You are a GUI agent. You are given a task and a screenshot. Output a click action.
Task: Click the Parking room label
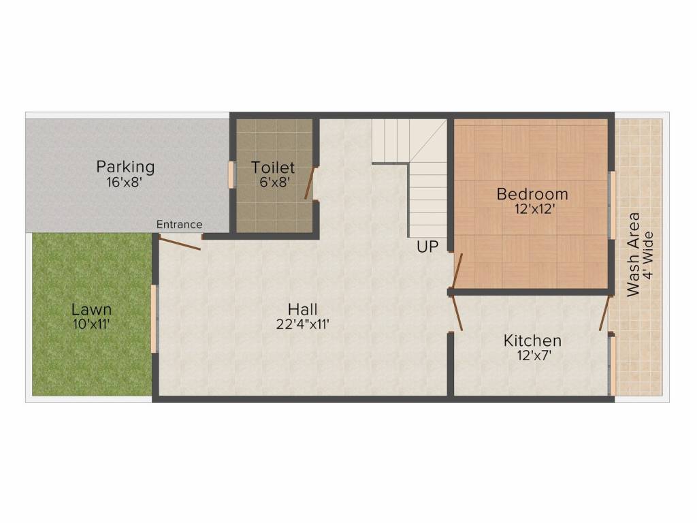click(125, 167)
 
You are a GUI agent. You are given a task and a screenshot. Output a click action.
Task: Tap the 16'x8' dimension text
click(125, 183)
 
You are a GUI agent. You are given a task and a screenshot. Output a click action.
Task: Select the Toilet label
click(273, 168)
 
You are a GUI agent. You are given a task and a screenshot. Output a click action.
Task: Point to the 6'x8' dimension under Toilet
click(273, 183)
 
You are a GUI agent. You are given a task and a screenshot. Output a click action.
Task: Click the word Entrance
click(179, 224)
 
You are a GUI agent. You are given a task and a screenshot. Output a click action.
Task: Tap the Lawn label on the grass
click(91, 310)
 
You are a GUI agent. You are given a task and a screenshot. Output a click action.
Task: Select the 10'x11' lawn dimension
click(91, 325)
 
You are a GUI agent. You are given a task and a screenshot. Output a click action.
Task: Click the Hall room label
click(303, 309)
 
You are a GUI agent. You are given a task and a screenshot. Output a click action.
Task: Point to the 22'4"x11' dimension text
click(303, 325)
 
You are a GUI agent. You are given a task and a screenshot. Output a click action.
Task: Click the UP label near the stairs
click(427, 247)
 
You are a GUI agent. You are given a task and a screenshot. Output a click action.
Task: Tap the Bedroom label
click(532, 194)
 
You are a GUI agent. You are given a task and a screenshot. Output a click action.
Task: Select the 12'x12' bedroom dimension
click(532, 210)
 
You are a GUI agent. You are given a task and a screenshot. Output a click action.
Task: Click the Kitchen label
click(532, 340)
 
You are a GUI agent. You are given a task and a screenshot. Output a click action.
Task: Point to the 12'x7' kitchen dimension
click(532, 355)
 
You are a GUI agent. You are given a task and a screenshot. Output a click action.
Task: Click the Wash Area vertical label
click(634, 254)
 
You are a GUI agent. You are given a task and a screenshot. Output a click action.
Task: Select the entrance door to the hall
click(180, 242)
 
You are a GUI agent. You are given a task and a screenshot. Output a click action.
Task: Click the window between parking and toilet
click(231, 174)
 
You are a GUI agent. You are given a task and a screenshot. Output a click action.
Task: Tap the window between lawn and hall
click(154, 319)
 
